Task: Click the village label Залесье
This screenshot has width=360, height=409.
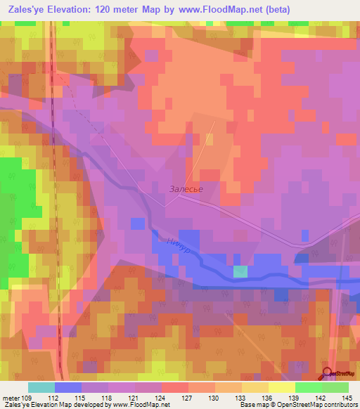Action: (186, 188)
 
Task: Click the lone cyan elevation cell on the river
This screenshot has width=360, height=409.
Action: (240, 272)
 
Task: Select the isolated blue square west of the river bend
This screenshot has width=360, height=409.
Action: (139, 223)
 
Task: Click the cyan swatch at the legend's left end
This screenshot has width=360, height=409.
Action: (41, 387)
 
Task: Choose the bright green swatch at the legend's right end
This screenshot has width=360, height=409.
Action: (335, 387)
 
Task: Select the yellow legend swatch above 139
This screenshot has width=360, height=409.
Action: (282, 387)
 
